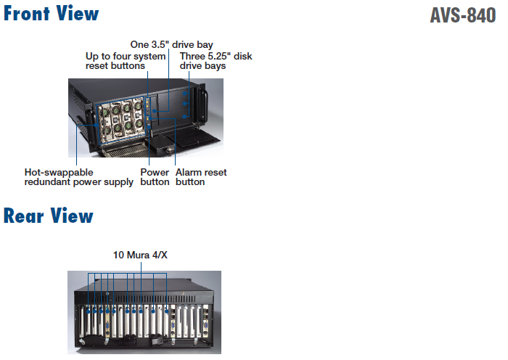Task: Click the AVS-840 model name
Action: click(x=462, y=15)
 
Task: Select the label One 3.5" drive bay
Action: click(x=171, y=45)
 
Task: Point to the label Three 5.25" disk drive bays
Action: click(x=216, y=61)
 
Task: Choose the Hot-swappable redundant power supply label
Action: click(x=78, y=177)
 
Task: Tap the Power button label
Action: click(x=154, y=177)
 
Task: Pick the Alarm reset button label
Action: click(x=200, y=177)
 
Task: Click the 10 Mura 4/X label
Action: click(x=140, y=255)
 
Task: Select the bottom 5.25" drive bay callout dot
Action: click(x=185, y=114)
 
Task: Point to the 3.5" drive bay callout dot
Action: click(x=169, y=110)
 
